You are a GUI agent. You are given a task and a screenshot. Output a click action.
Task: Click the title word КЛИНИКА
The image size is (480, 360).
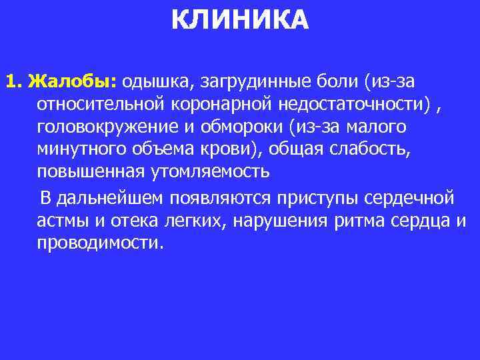[x=240, y=20]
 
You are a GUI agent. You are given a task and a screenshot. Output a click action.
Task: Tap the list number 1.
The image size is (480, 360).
[x=13, y=82]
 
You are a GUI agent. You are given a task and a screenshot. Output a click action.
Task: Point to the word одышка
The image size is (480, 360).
[x=154, y=82]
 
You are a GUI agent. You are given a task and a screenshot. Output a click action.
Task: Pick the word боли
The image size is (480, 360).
[x=340, y=82]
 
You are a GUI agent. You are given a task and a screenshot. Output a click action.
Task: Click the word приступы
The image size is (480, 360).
[x=317, y=198]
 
